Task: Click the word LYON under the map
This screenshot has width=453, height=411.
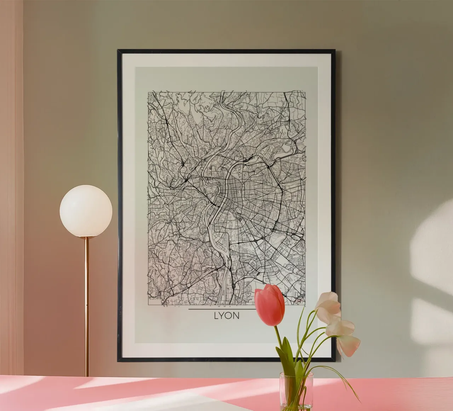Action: click(226, 315)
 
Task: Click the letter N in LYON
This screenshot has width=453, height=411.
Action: click(236, 315)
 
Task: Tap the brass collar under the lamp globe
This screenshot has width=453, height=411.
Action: click(86, 238)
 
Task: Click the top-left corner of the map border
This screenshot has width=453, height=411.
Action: click(148, 92)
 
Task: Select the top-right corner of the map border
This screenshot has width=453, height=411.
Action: click(305, 92)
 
